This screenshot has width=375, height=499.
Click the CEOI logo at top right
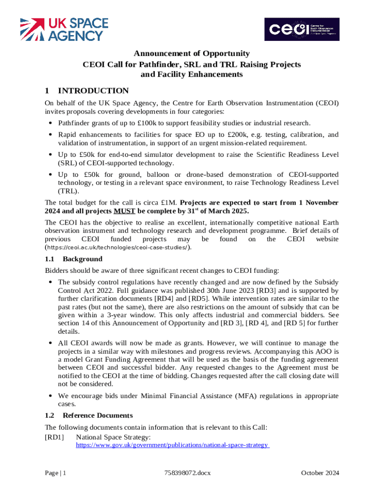pyautogui.click(x=301, y=29)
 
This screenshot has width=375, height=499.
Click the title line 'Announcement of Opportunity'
pyautogui.click(x=191, y=54)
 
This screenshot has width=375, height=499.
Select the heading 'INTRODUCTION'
pyautogui.click(x=93, y=91)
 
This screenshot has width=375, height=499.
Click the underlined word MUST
pyautogui.click(x=125, y=211)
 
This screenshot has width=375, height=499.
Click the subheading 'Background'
pyautogui.click(x=82, y=259)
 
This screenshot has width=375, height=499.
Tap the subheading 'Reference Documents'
pyautogui.click(x=98, y=416)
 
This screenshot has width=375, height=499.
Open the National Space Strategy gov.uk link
pyautogui.click(x=172, y=445)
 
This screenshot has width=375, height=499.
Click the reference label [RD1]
pyautogui.click(x=54, y=438)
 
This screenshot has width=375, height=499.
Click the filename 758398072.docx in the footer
pyautogui.click(x=187, y=473)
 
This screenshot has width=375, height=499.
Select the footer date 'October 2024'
pyautogui.click(x=320, y=473)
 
